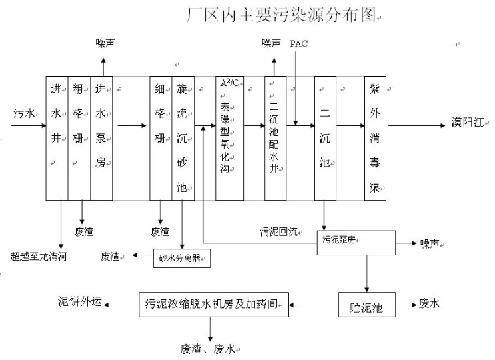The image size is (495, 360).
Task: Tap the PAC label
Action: [299, 43]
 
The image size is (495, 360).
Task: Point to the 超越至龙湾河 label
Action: [39, 256]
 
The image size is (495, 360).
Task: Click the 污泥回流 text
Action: [278, 232]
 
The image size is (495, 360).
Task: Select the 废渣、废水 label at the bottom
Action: [208, 348]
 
